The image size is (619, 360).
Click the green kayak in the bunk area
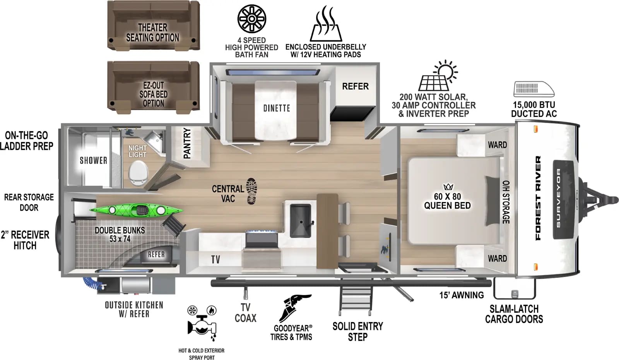click(x=135, y=210)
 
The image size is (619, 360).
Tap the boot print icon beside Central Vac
click(x=251, y=191)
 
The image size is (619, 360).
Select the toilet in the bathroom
click(x=138, y=173)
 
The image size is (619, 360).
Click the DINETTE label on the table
click(x=277, y=108)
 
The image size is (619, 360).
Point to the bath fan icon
click(x=252, y=19)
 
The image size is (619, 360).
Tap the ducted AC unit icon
click(x=534, y=89)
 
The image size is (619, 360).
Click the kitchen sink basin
click(x=300, y=221)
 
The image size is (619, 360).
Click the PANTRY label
click(x=187, y=143)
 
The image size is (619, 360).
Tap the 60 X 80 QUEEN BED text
click(x=447, y=201)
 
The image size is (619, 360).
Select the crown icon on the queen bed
click(x=448, y=187)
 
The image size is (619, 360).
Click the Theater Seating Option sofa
click(x=153, y=26)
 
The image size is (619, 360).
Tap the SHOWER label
click(x=93, y=160)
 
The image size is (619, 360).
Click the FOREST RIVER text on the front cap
click(x=538, y=198)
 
